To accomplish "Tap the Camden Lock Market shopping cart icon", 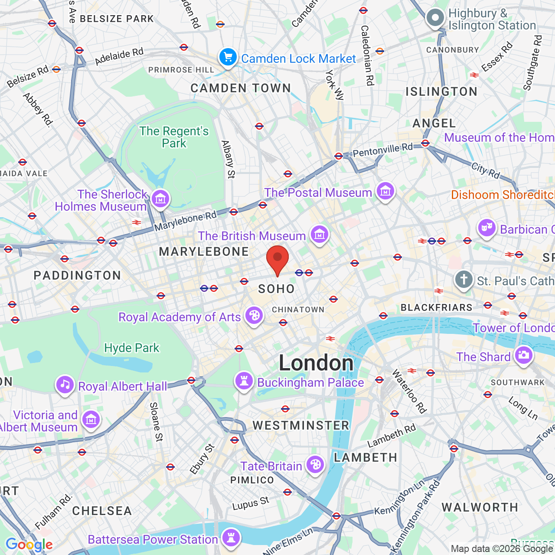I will point(228,57).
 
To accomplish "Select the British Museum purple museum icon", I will point(320,235).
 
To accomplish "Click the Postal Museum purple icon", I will point(385,191).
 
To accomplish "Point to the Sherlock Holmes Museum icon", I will point(160,199).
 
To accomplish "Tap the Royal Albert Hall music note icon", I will point(65,385).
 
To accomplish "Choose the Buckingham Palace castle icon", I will point(244,381).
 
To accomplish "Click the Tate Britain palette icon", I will point(315,465).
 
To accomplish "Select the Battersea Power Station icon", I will point(231,538).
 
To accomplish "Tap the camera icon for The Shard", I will point(523,355).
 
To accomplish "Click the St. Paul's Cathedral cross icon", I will point(464,280).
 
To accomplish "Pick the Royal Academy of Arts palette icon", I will point(254,316).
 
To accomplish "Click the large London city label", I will point(316,363).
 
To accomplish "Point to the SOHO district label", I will point(276,289).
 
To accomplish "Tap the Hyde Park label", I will point(132,348).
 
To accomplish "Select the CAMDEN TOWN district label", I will point(241,88).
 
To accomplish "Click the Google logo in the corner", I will point(29,545).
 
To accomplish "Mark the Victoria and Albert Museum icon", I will point(91,420).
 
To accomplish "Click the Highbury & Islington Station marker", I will point(435,18).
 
